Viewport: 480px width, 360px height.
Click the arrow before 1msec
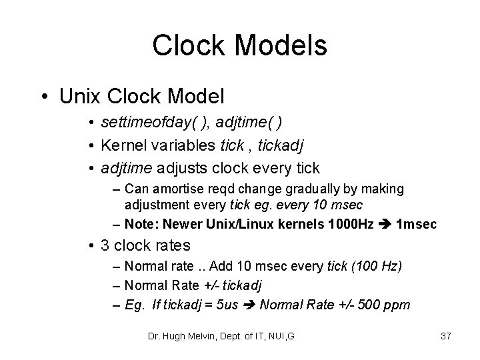[x=386, y=225]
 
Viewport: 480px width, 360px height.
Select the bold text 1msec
[x=417, y=225]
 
